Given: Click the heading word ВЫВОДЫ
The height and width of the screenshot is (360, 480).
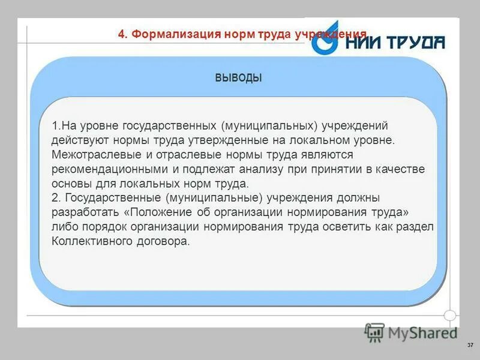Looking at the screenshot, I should click(238, 78).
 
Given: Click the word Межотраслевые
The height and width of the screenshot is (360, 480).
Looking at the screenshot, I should click(89, 155).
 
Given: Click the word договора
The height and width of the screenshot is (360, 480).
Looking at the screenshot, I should click(166, 242).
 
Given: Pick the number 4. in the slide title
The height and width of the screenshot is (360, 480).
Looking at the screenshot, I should click(122, 34).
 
